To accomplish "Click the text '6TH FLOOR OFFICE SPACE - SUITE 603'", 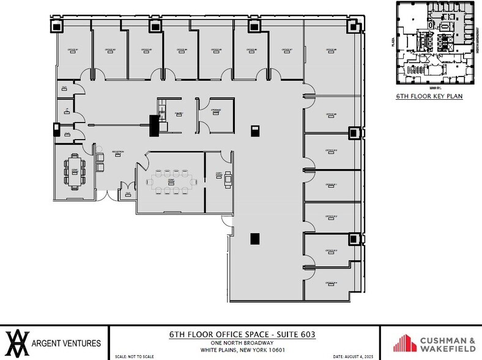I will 243,334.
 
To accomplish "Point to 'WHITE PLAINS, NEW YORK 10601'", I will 243,350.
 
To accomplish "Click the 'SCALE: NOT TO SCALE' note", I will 134,356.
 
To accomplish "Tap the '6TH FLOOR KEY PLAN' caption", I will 429,96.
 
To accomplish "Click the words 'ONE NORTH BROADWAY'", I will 243,343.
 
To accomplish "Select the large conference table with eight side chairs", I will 171,182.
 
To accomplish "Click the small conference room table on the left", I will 74,171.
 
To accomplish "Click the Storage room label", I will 216,111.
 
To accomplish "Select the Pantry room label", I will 179,114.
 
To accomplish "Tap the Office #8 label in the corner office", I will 331,50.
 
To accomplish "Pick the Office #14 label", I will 331,283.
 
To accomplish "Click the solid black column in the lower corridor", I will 254,239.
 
